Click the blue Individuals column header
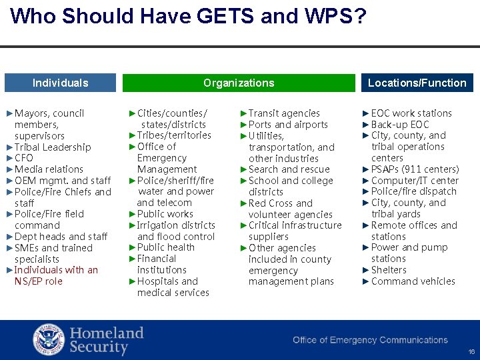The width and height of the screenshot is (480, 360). pos(60,83)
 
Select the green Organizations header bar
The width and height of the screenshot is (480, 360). pos(239,83)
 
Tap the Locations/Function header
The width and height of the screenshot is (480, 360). pos(417,83)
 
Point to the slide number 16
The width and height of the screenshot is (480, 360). pos(471,351)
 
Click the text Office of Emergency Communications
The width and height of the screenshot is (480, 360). pos(370,340)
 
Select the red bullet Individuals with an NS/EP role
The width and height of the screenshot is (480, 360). pos(56,275)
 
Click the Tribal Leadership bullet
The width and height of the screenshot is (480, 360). pos(52,147)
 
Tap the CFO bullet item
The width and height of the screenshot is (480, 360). pos(23,158)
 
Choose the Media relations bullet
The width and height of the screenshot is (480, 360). pos(49,169)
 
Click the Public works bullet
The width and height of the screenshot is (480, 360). pos(165,214)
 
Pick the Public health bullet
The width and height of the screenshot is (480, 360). pos(165,247)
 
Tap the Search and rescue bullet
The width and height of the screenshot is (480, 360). pos(289,169)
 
